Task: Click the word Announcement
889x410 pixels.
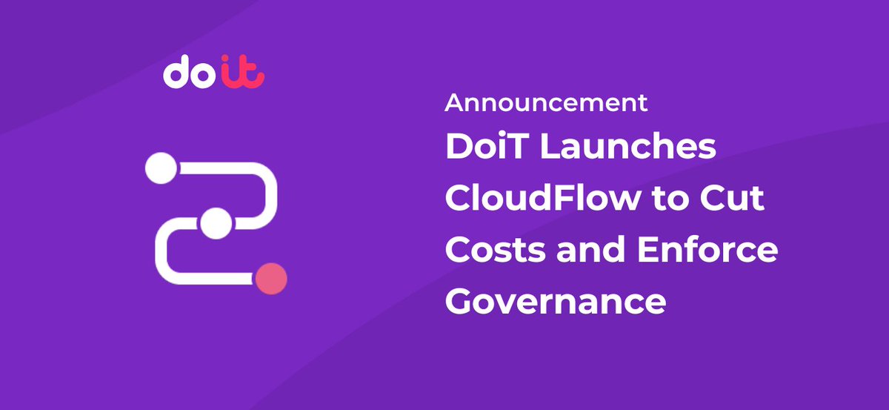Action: click(546, 103)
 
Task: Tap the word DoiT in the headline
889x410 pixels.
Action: click(486, 147)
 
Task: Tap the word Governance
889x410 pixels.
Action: click(555, 302)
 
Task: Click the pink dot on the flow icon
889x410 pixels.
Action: click(270, 279)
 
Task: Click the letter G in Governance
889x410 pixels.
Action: click(461, 302)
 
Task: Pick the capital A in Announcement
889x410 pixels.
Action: click(454, 103)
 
